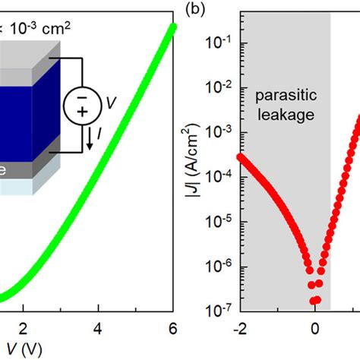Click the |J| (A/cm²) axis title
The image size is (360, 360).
pos(194,176)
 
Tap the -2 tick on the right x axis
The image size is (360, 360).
pos(242,329)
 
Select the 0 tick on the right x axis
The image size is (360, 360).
pos(314,329)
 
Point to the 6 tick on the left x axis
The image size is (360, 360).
pos(172,329)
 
